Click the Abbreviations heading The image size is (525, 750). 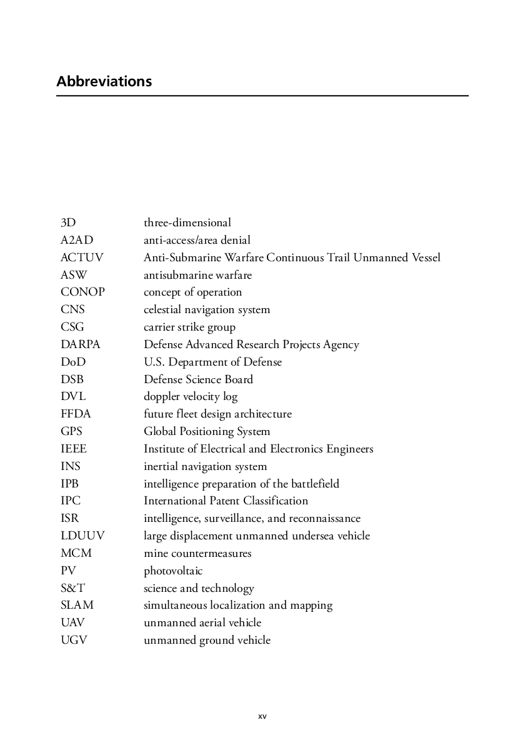click(x=104, y=82)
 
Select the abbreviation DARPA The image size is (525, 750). click(x=80, y=344)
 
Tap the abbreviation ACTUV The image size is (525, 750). click(x=82, y=257)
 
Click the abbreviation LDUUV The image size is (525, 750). click(x=82, y=536)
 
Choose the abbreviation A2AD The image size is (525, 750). click(x=77, y=240)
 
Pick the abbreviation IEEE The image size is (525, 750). click(x=74, y=449)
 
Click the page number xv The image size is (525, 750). click(x=262, y=716)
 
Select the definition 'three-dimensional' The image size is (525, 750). click(x=187, y=222)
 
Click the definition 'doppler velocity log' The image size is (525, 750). click(x=191, y=397)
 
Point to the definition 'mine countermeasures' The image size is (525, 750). click(x=197, y=553)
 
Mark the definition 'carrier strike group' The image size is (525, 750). click(x=189, y=327)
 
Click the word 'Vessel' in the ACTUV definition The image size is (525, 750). click(x=424, y=257)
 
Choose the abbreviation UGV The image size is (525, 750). click(x=74, y=640)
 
